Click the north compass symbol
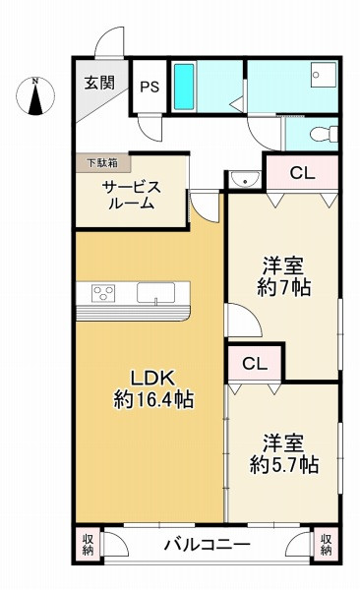click(x=36, y=97)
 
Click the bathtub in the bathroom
click(x=184, y=87)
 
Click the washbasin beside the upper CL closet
click(x=242, y=178)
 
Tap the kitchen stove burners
click(x=103, y=292)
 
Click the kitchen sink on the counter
click(x=155, y=293)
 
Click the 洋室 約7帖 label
click(x=281, y=276)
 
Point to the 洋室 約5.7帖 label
click(x=282, y=453)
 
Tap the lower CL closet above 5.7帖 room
click(x=255, y=363)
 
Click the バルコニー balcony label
click(x=207, y=544)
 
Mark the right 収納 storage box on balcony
click(x=326, y=544)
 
